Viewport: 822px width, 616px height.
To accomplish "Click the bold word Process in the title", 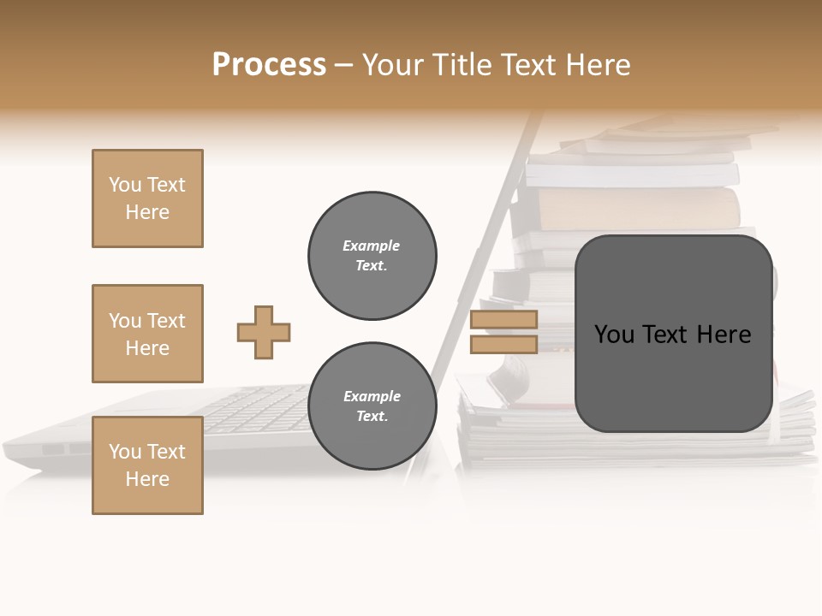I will [269, 65].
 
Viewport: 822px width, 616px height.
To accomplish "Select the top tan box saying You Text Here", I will [147, 198].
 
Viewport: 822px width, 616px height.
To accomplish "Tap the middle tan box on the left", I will [147, 334].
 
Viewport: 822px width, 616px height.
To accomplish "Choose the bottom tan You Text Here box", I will [147, 465].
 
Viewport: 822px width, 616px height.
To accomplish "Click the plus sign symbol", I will [264, 332].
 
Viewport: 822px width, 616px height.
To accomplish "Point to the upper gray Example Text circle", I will [372, 256].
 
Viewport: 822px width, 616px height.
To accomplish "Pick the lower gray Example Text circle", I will [372, 406].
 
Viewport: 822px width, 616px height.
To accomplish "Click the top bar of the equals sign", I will [503, 320].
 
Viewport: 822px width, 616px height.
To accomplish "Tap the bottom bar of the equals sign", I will [503, 344].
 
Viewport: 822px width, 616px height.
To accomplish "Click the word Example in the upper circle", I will [372, 246].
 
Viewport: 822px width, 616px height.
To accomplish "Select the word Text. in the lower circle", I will [372, 417].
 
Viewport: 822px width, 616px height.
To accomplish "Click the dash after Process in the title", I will [344, 65].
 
